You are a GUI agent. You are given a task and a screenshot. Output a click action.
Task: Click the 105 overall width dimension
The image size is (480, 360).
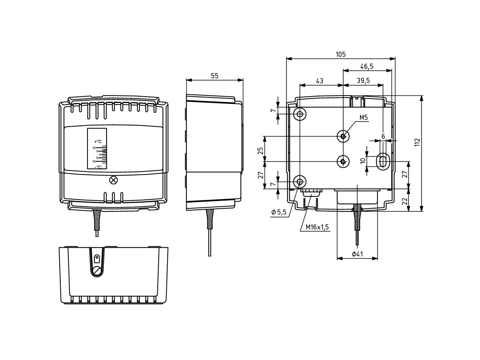coord(341,54)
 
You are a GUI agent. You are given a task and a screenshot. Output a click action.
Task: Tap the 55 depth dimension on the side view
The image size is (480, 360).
coord(214,76)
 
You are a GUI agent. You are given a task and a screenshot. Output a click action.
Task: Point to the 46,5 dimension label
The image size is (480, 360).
coord(367,66)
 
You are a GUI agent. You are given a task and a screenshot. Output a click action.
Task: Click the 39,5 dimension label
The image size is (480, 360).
coord(363,81)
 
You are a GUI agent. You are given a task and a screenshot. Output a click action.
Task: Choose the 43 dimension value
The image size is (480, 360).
coord(320,81)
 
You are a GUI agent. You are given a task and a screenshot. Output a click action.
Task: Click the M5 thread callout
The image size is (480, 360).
coord(364,118)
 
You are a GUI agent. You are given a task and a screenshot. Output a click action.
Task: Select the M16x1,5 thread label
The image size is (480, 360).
coord(317,227)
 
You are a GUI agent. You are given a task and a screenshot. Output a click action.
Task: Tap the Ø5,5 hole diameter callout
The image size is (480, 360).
coord(279,212)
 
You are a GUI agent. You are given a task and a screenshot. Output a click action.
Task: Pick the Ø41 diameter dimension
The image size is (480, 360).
coord(357,254)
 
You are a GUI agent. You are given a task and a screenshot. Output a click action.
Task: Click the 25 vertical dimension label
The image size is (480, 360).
coord(260,151)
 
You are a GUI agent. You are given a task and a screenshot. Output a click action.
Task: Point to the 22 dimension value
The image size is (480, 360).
coord(405,201)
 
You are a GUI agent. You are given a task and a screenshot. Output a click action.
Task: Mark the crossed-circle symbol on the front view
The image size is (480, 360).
coord(113,180)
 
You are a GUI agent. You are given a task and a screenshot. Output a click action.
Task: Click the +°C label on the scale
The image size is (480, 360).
coord(98,141)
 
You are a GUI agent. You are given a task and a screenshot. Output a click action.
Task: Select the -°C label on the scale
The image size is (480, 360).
coord(98,167)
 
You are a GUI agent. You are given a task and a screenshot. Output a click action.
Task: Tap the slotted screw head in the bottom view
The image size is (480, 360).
coord(97,271)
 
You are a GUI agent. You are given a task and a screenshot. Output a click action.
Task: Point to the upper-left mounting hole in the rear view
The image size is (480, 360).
coord(300,114)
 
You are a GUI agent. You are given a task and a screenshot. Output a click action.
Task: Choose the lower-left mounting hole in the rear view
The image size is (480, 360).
coord(300,181)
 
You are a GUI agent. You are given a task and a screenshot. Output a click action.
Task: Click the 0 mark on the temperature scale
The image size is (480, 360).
coord(100,154)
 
